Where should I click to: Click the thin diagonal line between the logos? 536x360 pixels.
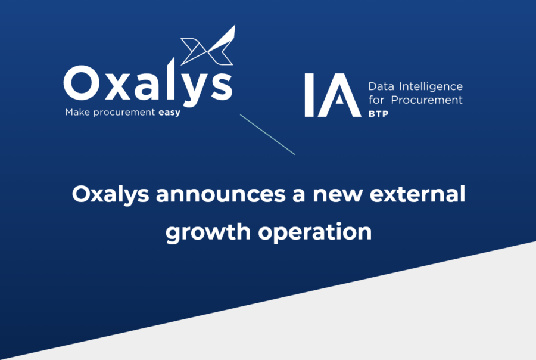pyautogui.click(x=267, y=134)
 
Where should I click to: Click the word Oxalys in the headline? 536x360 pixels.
pyautogui.click(x=111, y=195)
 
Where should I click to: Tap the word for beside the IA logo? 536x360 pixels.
pyautogui.click(x=377, y=100)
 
